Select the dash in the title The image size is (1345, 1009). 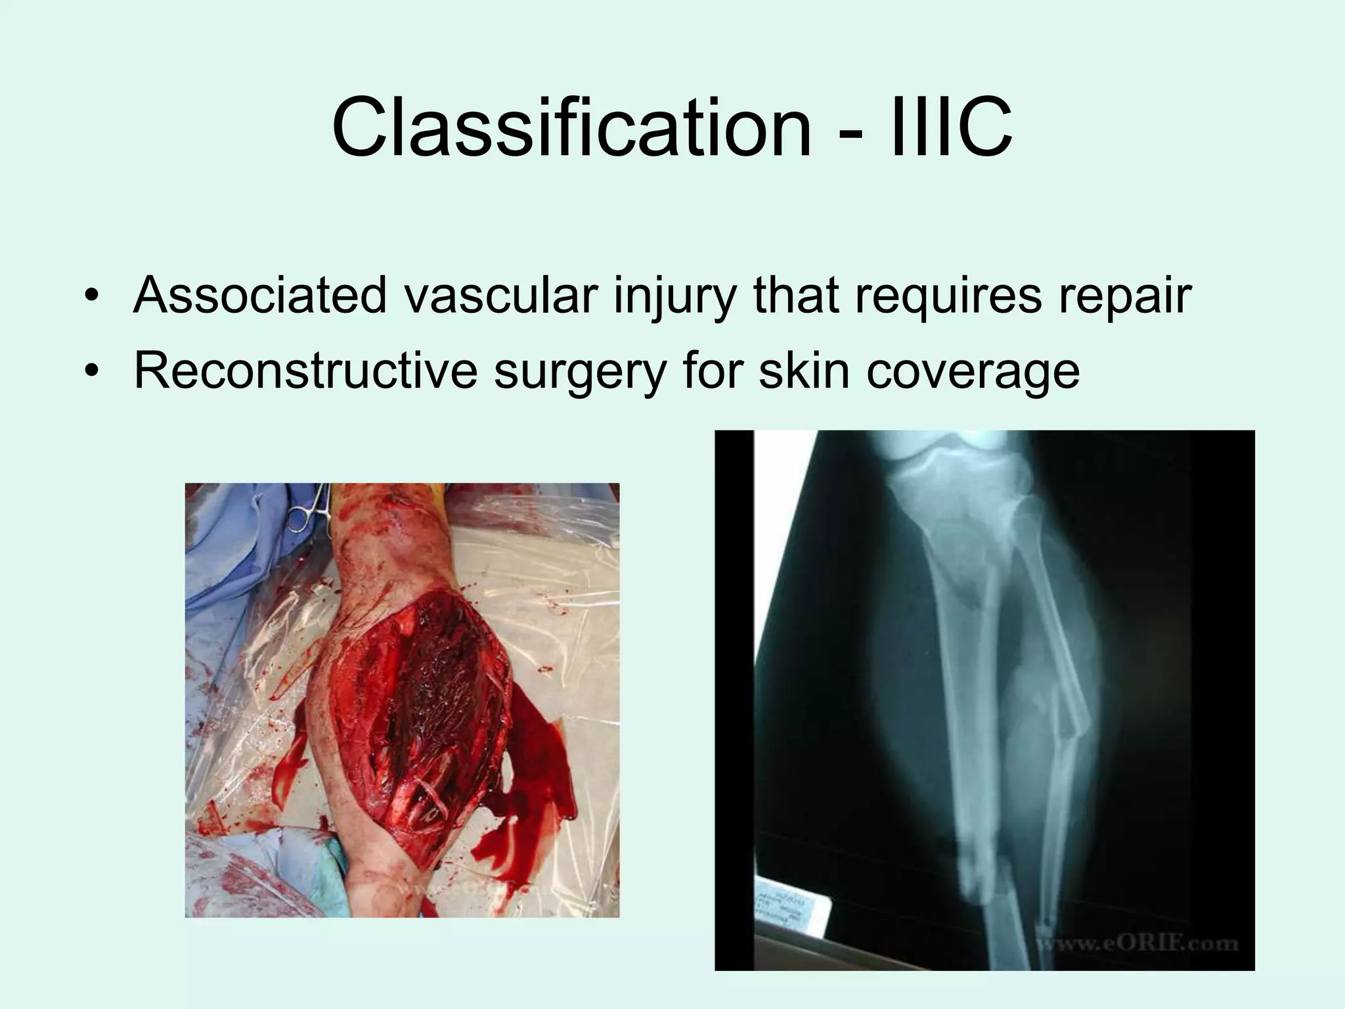pyautogui.click(x=848, y=135)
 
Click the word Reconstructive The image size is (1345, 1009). pyautogui.click(x=305, y=371)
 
